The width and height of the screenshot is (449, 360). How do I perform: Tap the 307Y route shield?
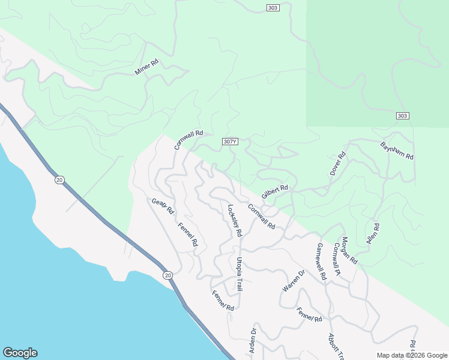point(230,142)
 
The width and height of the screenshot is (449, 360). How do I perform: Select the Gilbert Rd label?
point(275,192)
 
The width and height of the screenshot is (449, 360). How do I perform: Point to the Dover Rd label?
point(339,164)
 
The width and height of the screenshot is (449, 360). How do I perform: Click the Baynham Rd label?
point(397,150)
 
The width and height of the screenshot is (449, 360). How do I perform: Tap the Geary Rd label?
point(163,206)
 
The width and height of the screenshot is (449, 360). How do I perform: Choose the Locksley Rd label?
point(234,220)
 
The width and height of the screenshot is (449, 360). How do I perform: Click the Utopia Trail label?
point(239,274)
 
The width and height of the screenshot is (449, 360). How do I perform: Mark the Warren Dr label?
point(294,281)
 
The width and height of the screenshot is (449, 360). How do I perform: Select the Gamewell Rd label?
point(321,262)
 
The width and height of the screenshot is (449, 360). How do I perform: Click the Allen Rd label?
point(373,235)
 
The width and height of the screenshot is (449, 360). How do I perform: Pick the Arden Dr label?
point(253,340)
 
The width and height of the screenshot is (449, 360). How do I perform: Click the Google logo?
point(20,353)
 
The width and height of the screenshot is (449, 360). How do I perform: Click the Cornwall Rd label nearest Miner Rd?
point(189,140)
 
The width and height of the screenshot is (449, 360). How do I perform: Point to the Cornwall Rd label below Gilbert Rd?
point(261,217)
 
